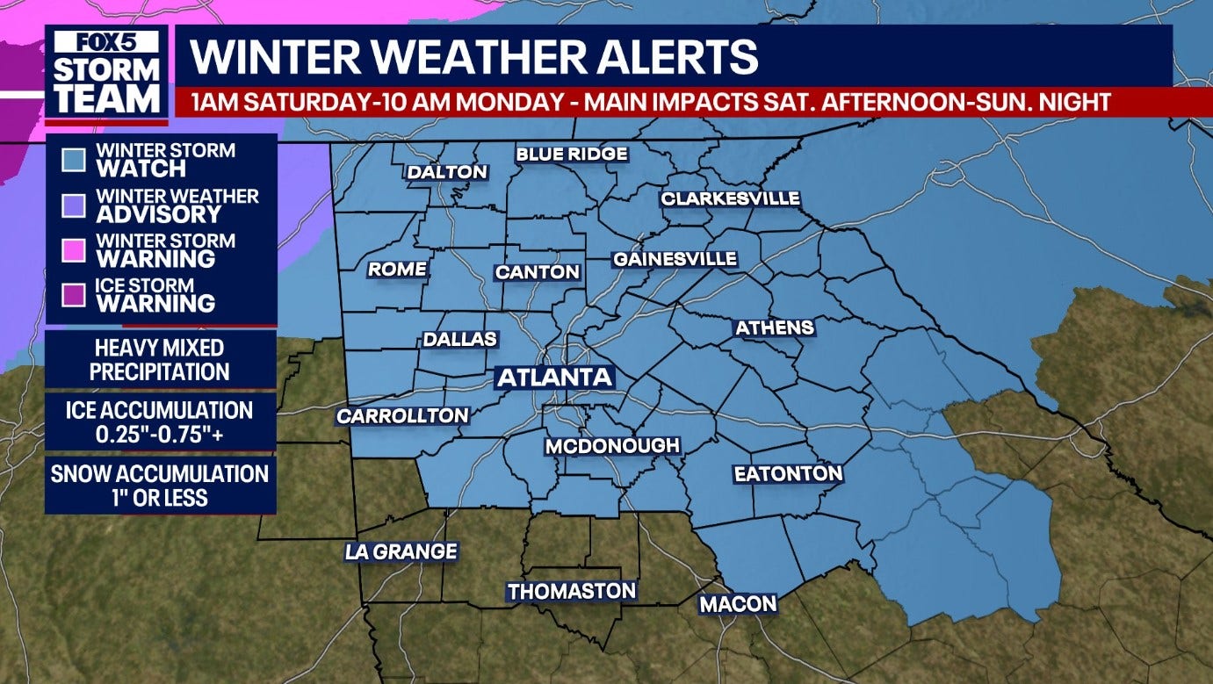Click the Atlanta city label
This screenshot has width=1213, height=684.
pos(554,378)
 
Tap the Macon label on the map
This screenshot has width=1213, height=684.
pos(738,604)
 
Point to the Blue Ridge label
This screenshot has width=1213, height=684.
pos(572,155)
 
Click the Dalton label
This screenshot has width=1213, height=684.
pos(447,172)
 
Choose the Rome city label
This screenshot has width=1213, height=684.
pos(397,270)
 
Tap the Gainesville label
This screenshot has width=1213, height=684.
pos(675,260)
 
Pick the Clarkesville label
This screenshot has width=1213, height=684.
pos(731,198)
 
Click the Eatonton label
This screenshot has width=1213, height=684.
pos(788,474)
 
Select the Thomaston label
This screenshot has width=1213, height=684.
pos(571,592)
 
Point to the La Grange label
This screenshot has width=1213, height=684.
pos(401,551)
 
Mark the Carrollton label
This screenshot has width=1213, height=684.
pos(402,416)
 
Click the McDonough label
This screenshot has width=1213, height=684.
pos(613,446)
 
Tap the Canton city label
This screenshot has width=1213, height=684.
pos(538,272)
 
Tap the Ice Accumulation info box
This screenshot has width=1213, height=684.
pos(160,421)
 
